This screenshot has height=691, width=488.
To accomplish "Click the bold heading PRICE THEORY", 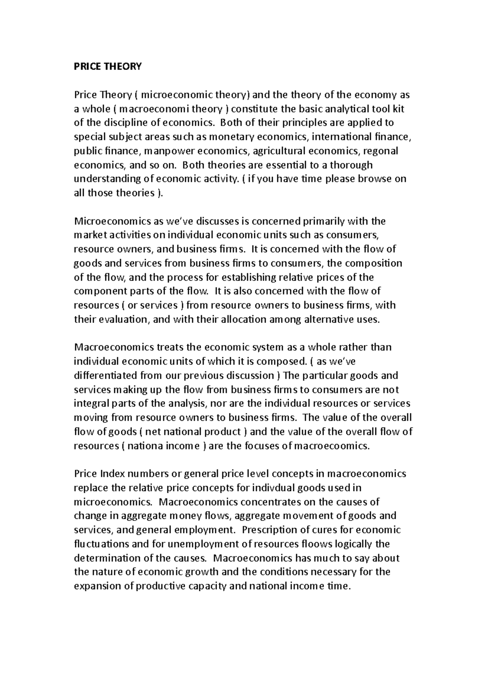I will [x=107, y=67].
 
